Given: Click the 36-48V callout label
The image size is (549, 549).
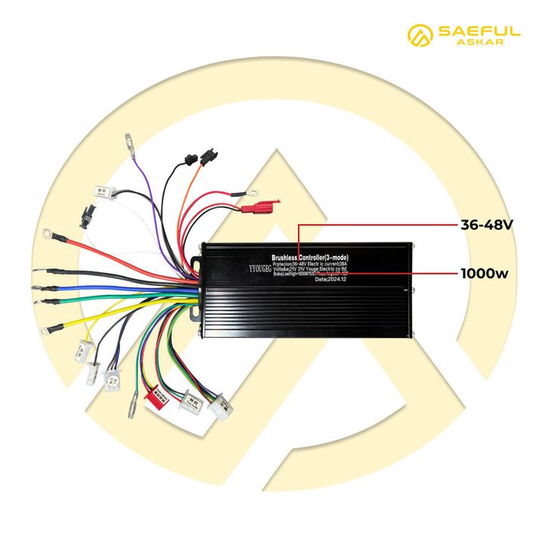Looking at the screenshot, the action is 487,225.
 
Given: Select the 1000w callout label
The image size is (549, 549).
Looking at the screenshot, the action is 485,272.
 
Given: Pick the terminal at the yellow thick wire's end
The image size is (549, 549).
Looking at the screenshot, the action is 54,328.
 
